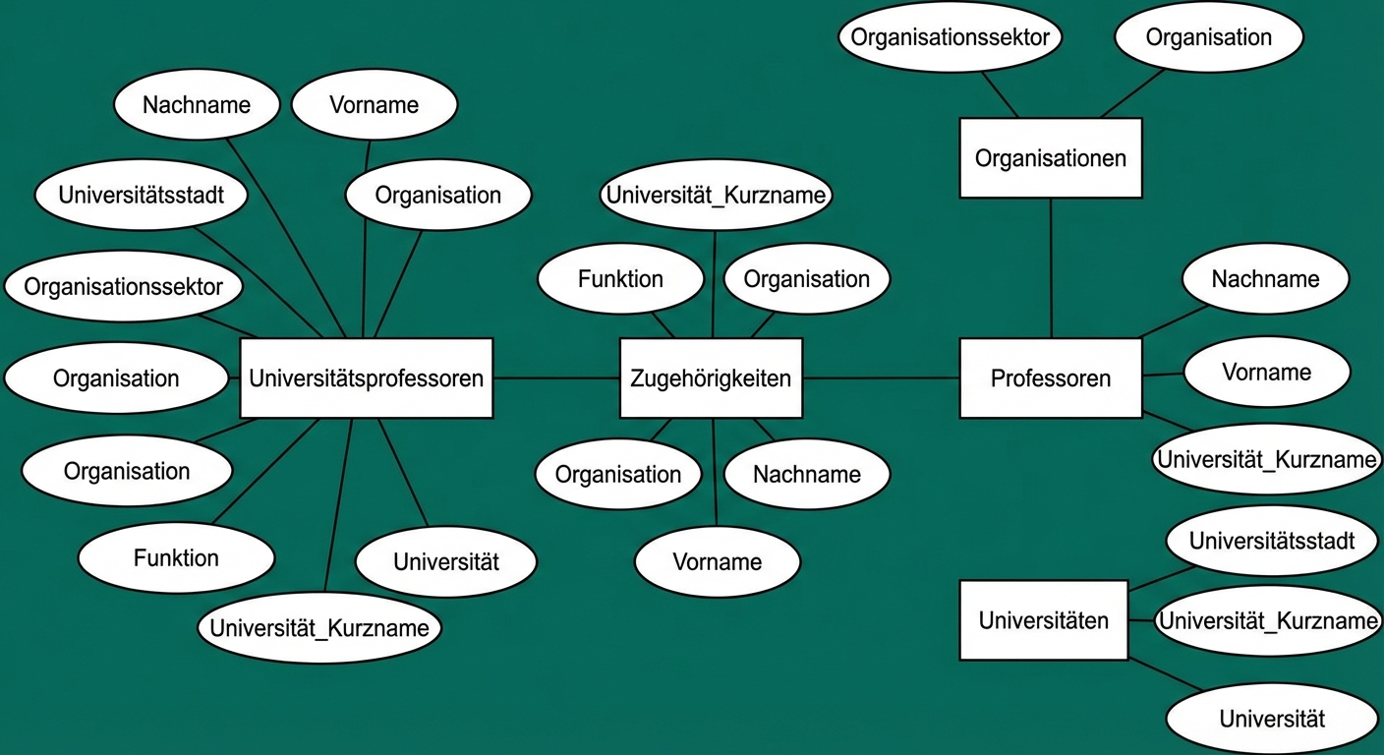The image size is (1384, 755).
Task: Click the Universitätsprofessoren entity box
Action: point(366,378)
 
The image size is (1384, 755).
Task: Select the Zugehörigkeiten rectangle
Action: point(711,378)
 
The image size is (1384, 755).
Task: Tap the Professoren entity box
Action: point(1050,378)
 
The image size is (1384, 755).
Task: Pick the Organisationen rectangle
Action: point(1050,158)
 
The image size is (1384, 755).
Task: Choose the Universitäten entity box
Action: point(1043,620)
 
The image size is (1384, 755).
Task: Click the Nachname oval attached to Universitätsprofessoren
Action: point(197,105)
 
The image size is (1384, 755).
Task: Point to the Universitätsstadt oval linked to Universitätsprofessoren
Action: point(142,195)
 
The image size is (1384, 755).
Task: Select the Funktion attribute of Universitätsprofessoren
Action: point(176,558)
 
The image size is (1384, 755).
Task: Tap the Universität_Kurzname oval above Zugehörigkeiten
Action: point(716,195)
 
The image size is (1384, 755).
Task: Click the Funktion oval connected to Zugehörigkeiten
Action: point(620,279)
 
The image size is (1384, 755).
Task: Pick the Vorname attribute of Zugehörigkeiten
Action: point(717,562)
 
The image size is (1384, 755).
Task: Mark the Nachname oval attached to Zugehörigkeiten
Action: point(806,475)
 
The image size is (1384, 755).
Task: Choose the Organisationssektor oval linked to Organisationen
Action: point(951,38)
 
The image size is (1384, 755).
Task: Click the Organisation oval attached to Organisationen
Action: point(1208,38)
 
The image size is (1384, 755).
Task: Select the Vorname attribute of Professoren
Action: point(1266,373)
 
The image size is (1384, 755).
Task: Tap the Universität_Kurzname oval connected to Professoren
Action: point(1267,459)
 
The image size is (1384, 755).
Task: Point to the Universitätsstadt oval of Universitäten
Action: point(1271,541)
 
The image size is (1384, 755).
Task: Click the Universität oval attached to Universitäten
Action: point(1271,719)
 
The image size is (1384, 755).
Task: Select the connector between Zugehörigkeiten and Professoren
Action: point(881,378)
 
